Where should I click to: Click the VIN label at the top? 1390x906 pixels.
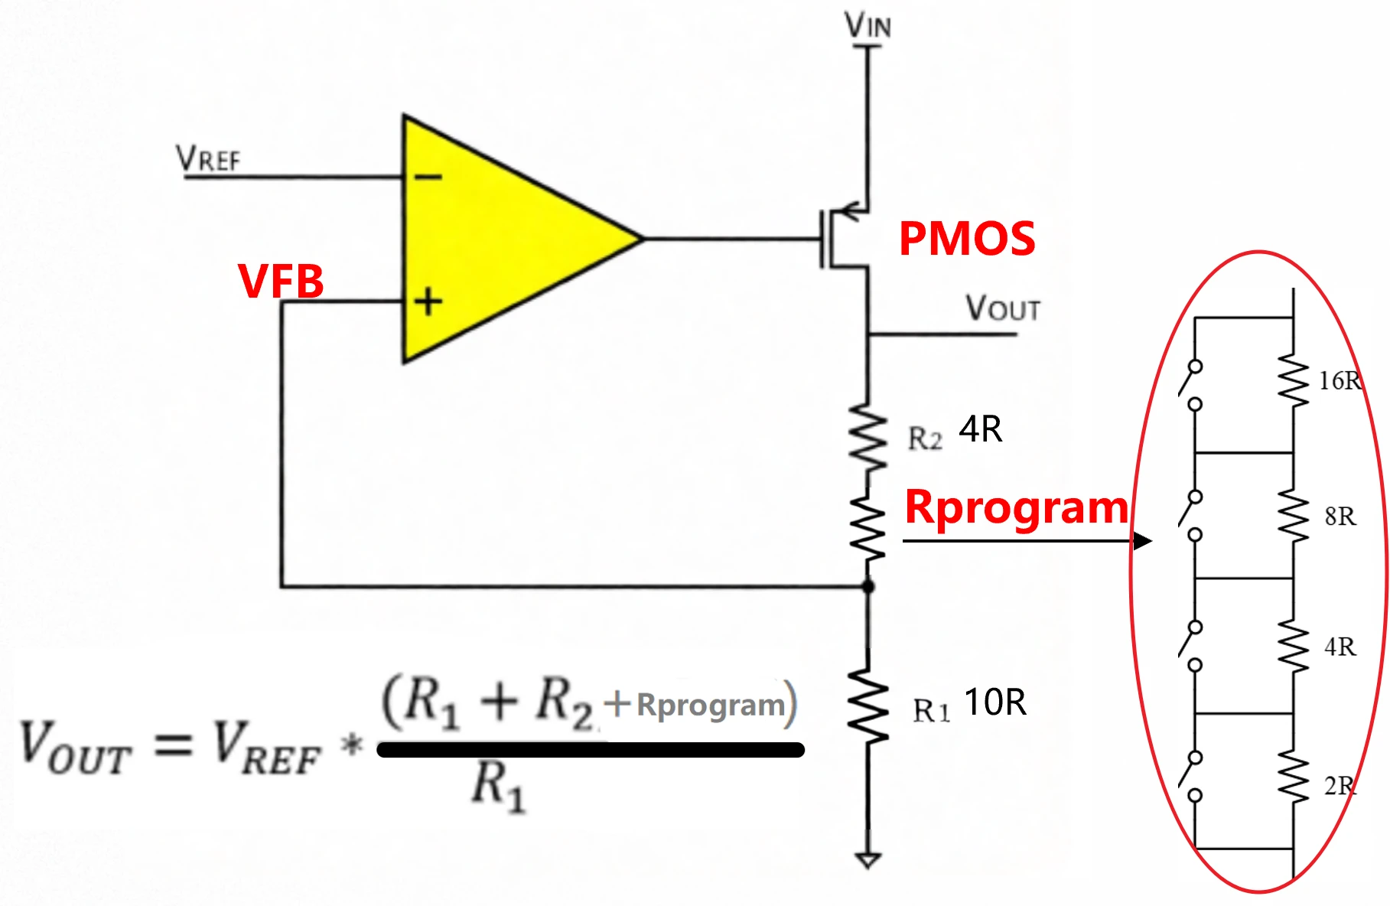point(868,26)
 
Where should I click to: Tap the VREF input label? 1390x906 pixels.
point(208,158)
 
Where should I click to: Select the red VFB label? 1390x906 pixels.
point(281,281)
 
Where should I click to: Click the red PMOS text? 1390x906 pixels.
point(967,239)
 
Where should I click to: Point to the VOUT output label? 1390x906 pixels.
point(1002,308)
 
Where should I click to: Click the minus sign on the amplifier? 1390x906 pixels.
point(428,178)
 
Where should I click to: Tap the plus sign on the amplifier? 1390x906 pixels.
point(428,301)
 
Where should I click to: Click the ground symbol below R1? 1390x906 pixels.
point(868,860)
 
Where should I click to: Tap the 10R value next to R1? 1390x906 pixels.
point(995,702)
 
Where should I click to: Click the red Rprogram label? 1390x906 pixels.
point(1017,507)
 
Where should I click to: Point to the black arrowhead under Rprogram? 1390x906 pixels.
point(1142,541)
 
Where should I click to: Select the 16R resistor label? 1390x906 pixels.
point(1340,380)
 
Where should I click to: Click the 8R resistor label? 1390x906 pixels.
point(1340,517)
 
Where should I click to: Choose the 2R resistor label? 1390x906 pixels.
point(1340,786)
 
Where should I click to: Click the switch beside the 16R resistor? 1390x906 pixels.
point(1192,385)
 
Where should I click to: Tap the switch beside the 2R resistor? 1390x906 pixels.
point(1192,777)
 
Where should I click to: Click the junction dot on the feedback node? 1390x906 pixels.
point(868,587)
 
